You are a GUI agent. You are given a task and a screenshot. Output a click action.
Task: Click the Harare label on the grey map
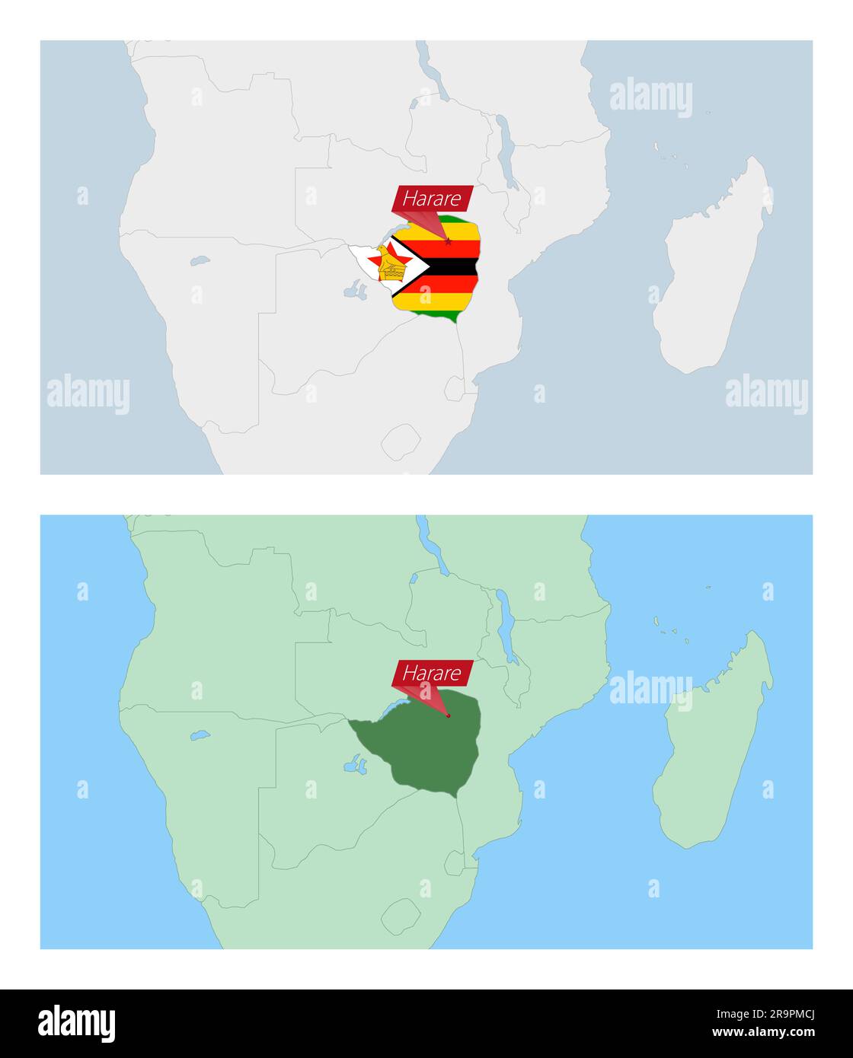click(432, 199)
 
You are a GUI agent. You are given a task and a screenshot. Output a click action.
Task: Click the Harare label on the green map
click(432, 673)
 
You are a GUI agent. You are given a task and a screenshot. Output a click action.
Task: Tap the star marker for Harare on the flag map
click(448, 242)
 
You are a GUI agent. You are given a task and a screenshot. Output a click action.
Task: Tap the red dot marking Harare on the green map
click(448, 715)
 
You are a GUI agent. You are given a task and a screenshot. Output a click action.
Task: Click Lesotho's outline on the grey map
click(401, 441)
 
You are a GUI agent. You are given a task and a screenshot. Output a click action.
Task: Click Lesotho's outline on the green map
click(401, 915)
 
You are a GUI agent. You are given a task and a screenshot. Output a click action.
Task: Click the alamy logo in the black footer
click(77, 1024)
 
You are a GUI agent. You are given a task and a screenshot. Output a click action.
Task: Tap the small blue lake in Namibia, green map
click(200, 736)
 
